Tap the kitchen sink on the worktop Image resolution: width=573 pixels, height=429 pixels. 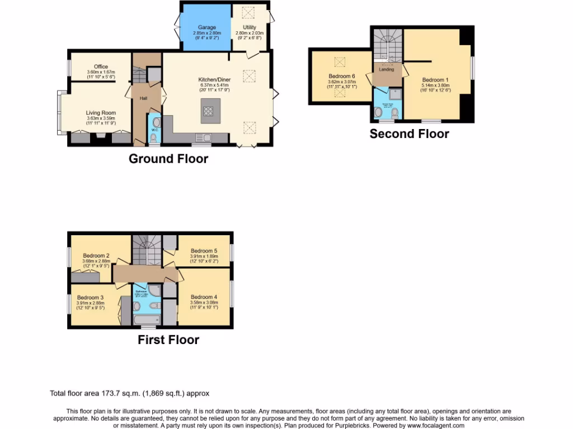click(x=203, y=137)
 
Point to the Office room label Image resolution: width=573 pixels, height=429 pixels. click(x=101, y=66)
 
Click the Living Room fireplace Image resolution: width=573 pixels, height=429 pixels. click(x=101, y=137)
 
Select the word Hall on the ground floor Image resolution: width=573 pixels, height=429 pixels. click(x=144, y=98)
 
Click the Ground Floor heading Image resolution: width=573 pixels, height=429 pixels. click(x=168, y=159)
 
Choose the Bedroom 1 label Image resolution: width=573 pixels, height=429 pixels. click(x=434, y=80)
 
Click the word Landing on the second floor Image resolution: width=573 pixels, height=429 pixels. click(x=386, y=70)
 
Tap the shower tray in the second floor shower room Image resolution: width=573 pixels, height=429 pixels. click(x=396, y=94)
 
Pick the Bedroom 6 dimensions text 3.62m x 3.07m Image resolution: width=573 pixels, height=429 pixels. click(x=341, y=82)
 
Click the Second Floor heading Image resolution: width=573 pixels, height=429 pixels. click(x=409, y=134)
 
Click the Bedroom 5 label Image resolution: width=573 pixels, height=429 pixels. click(x=203, y=251)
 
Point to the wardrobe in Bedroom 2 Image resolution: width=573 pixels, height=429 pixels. click(x=86, y=276)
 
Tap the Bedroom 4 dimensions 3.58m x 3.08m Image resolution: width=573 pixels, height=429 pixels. click(x=203, y=302)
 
